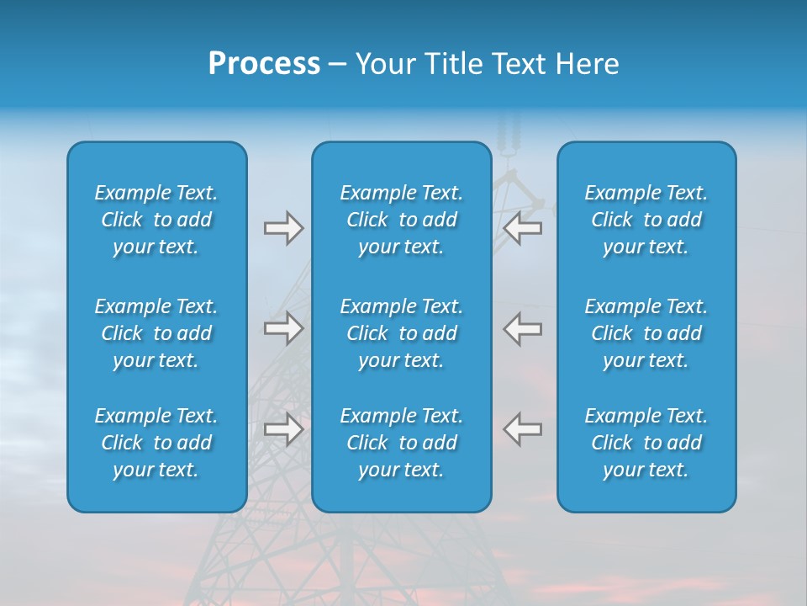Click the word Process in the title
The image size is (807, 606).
tap(264, 64)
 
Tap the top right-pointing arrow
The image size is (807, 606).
tap(283, 228)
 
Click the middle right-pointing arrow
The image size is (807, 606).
tap(283, 328)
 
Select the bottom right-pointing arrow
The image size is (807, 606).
tap(283, 429)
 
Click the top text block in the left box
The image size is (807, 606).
tap(156, 220)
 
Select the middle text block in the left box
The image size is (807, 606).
tap(156, 333)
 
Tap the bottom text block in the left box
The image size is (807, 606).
tap(156, 443)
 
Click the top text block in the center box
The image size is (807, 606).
tap(402, 220)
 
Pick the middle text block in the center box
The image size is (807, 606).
tap(402, 333)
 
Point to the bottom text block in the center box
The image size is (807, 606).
tap(402, 443)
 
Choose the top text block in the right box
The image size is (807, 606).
tap(646, 220)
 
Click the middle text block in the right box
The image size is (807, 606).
tap(646, 333)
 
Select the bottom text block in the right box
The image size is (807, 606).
tap(646, 443)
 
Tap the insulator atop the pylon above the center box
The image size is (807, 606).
tap(507, 135)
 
